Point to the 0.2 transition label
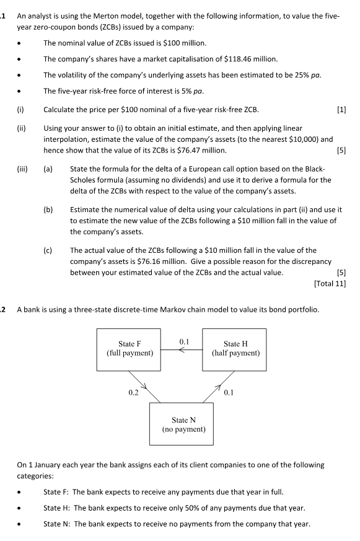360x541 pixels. (133, 392)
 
